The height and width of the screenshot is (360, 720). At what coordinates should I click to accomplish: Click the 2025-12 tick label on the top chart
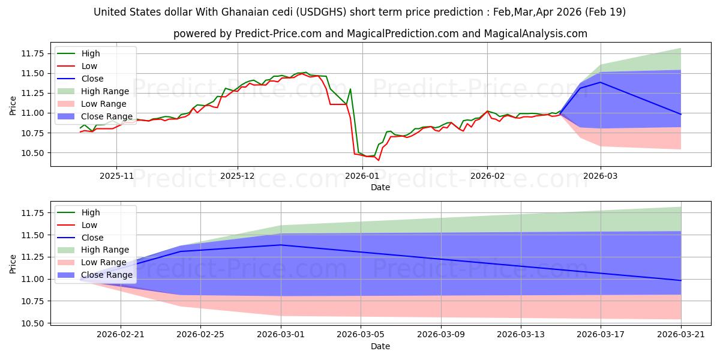(237, 176)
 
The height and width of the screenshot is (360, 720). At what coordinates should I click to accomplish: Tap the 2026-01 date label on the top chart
(362, 176)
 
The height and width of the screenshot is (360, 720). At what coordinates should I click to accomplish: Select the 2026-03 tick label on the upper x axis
(601, 176)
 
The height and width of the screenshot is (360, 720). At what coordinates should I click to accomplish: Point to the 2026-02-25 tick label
(200, 335)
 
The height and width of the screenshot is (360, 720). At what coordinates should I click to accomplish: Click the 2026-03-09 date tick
(441, 335)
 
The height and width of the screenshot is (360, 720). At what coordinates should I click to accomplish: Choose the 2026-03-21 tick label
(681, 335)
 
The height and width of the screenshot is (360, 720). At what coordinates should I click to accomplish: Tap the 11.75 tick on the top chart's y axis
(32, 53)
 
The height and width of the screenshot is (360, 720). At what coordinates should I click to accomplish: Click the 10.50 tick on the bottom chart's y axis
(32, 323)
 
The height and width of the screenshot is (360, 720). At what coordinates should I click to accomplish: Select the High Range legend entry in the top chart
(93, 91)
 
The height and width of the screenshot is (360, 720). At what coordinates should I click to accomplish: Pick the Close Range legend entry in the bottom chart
(95, 275)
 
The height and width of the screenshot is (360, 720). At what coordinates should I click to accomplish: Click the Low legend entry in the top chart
(77, 66)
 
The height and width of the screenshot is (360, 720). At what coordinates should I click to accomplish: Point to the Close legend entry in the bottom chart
(80, 238)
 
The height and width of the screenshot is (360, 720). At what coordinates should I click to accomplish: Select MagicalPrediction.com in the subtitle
(403, 34)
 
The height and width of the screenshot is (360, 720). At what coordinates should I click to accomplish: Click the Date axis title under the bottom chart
(380, 347)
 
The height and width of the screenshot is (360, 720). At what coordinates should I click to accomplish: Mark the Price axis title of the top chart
(13, 106)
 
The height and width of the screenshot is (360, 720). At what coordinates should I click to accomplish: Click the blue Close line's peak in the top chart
(600, 82)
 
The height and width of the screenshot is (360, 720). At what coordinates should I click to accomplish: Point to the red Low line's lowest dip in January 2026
(379, 160)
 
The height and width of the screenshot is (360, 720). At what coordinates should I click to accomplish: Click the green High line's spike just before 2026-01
(350, 89)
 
